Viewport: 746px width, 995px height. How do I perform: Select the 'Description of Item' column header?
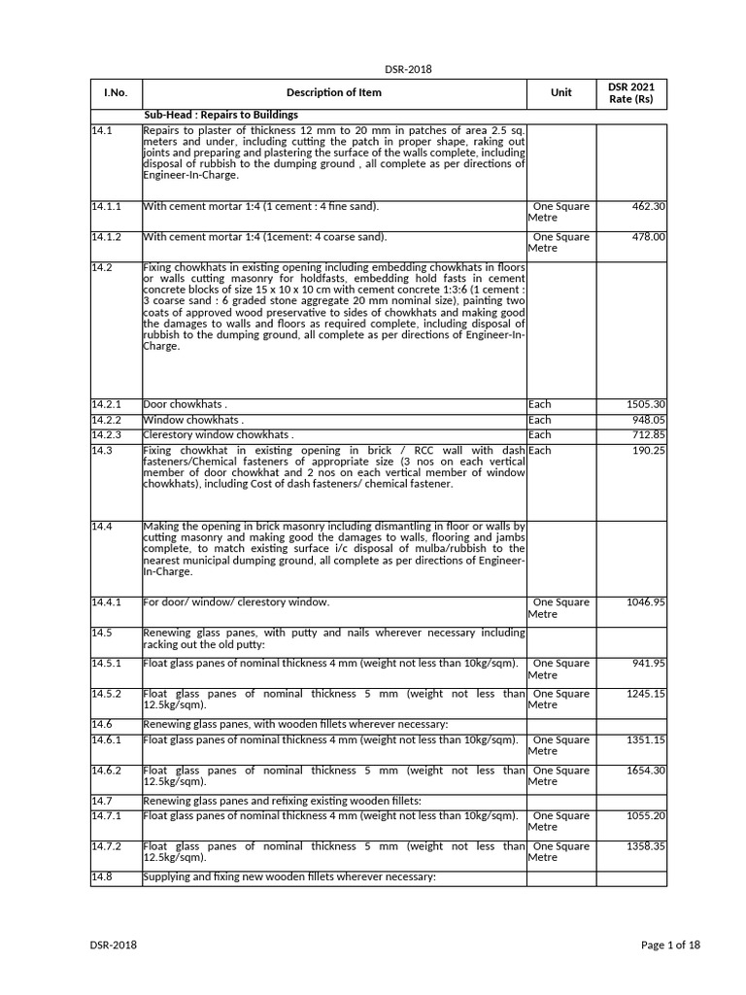pos(334,92)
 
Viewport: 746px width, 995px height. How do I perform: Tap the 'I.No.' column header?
pos(116,92)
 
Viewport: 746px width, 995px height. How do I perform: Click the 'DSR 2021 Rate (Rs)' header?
pos(631,93)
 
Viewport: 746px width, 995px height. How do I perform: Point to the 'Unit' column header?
pos(561,92)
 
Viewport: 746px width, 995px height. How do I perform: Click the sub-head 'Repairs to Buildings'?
pos(220,115)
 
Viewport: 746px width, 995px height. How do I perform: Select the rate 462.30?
pos(648,207)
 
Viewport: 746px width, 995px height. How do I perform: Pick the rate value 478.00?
pos(648,237)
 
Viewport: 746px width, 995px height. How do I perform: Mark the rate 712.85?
pos(648,435)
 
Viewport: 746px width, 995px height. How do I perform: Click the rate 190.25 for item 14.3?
pos(648,451)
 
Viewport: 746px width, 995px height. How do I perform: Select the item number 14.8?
pos(103,877)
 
